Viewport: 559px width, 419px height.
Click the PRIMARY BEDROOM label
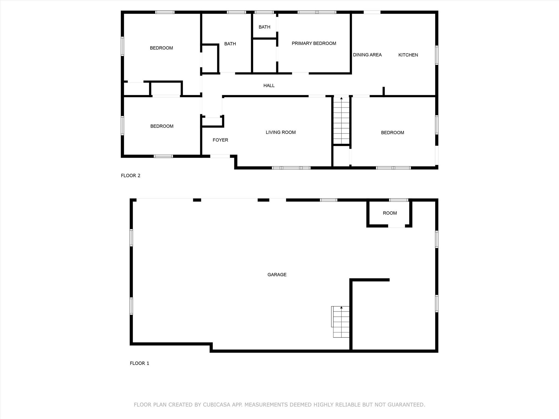(314, 43)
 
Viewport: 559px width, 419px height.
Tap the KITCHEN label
(408, 55)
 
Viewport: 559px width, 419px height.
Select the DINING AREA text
(367, 55)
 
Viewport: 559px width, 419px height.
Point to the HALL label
(269, 86)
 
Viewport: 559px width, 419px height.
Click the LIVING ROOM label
(281, 132)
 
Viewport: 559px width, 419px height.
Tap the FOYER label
(220, 140)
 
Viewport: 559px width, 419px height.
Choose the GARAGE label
(277, 275)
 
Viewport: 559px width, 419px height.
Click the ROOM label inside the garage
(390, 213)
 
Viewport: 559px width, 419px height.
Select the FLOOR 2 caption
(130, 176)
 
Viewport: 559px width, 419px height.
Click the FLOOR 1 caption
(139, 363)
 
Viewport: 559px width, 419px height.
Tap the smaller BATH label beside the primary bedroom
(264, 27)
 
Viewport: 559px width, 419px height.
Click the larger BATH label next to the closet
(230, 44)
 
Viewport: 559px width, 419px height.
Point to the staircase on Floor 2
(341, 120)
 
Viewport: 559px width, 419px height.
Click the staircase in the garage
(341, 322)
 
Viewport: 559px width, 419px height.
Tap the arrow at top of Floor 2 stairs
(341, 98)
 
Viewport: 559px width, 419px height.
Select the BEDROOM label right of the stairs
(393, 133)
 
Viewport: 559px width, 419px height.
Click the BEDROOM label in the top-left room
(161, 48)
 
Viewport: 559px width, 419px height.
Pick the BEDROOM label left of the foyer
(162, 126)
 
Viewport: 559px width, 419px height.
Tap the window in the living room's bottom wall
(291, 168)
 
